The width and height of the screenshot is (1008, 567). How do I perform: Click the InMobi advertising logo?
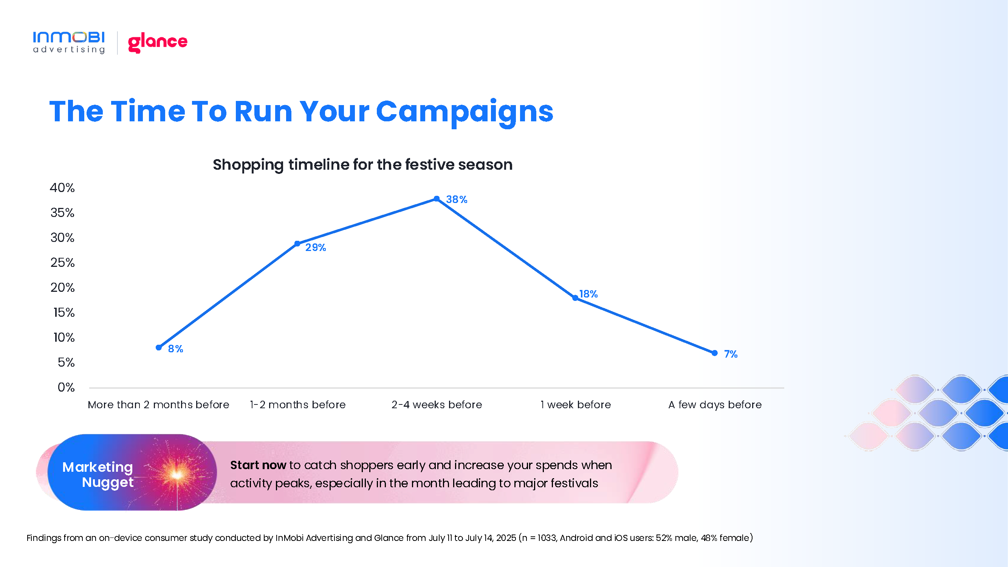pos(69,42)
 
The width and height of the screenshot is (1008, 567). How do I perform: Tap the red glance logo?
pos(158,42)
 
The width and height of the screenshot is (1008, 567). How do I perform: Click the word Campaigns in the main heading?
pos(465,112)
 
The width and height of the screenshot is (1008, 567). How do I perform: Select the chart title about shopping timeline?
pos(362,165)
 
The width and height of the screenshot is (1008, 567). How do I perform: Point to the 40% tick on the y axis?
pos(62,188)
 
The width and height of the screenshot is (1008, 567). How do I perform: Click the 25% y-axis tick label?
pos(63,263)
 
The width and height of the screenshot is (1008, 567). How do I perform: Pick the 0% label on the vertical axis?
pos(66,387)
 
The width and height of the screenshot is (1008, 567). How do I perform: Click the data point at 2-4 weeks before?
pos(437,199)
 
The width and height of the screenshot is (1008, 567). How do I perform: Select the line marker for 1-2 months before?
pos(297,243)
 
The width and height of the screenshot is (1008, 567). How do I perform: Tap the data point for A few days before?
pos(715,353)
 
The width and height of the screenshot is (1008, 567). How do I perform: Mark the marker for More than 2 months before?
pos(159,347)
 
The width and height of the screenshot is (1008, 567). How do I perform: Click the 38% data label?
pos(457,200)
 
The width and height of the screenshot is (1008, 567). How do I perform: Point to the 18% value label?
pos(588,294)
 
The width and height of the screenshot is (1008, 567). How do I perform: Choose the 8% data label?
pos(176,349)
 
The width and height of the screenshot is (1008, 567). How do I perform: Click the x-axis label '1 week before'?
pos(576,404)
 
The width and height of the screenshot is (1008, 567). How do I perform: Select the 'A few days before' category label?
pos(715,404)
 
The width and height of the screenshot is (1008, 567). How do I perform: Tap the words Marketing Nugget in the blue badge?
pos(98,475)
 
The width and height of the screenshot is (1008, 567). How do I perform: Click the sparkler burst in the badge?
pos(177,474)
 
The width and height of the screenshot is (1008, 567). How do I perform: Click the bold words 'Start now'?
pos(258,465)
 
